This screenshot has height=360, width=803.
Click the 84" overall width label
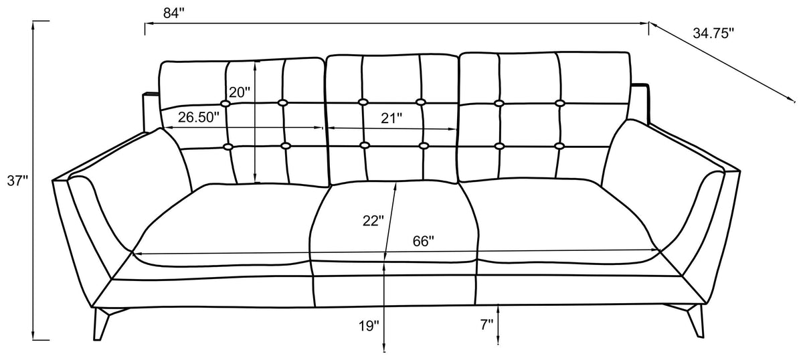[x=173, y=13]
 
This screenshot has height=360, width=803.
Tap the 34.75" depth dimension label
[x=713, y=33]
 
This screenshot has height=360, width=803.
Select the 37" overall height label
[x=17, y=181]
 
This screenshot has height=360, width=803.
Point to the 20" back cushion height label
[x=239, y=92]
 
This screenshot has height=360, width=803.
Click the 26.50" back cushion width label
[x=198, y=117]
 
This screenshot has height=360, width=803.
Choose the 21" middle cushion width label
[x=391, y=118]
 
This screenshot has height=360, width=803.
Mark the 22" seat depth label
[x=373, y=221]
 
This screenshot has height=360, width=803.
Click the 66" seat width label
[x=424, y=242]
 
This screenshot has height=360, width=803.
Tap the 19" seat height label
[x=369, y=326]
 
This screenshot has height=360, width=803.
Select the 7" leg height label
[x=486, y=325]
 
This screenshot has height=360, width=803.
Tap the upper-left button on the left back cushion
[x=226, y=104]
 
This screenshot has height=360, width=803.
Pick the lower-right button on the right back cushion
[x=559, y=146]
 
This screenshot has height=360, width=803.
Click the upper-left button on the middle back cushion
[x=363, y=102]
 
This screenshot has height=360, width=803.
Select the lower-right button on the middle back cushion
[x=424, y=146]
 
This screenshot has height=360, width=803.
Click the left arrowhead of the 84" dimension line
[x=149, y=24]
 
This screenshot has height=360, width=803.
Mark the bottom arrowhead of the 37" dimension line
[x=33, y=336]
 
